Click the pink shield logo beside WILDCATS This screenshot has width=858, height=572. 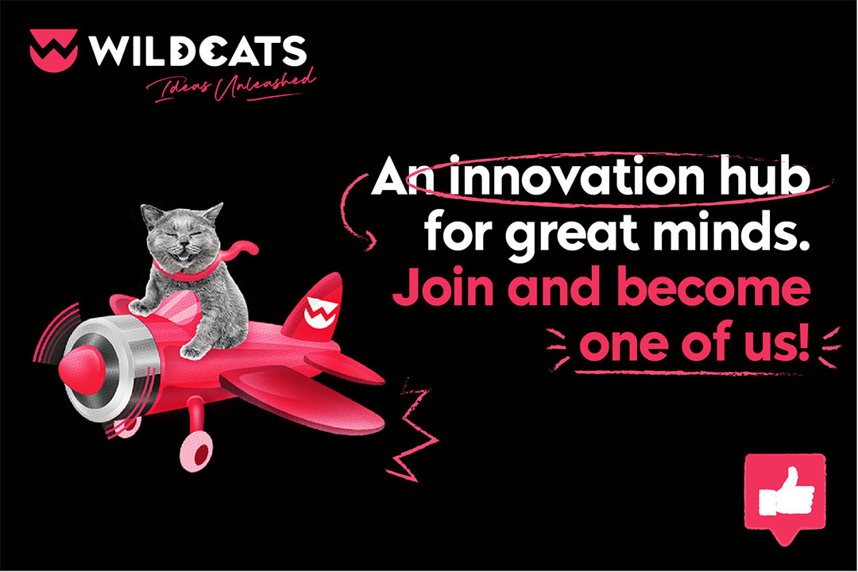click(53, 50)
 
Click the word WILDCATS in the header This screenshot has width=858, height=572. click(198, 51)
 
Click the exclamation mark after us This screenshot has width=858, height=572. click(802, 342)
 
